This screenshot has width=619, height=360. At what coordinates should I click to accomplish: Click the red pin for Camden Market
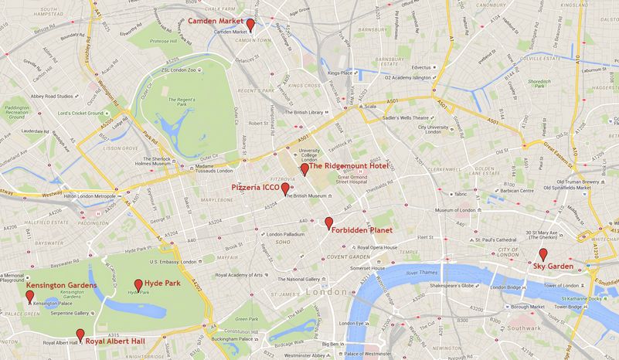pyautogui.click(x=250, y=25)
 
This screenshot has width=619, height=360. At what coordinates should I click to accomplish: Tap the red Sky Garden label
pyautogui.click(x=553, y=266)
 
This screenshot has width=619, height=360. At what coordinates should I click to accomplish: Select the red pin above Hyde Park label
pyautogui.click(x=138, y=284)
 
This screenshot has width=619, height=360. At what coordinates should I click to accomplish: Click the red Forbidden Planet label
pyautogui.click(x=358, y=230)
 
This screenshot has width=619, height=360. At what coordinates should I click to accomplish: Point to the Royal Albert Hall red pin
pyautogui.click(x=80, y=335)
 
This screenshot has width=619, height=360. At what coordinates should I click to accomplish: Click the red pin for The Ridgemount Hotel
pyautogui.click(x=304, y=168)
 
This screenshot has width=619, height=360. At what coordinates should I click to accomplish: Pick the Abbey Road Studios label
pyautogui.click(x=49, y=97)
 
